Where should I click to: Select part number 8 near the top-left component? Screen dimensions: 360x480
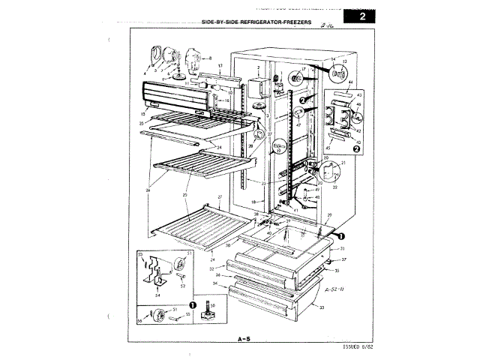coord(210,58)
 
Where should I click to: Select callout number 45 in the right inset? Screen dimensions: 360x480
coord(328,147)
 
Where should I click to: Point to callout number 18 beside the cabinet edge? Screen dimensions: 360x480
coord(253,202)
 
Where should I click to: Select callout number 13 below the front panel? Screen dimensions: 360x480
coord(142,114)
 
